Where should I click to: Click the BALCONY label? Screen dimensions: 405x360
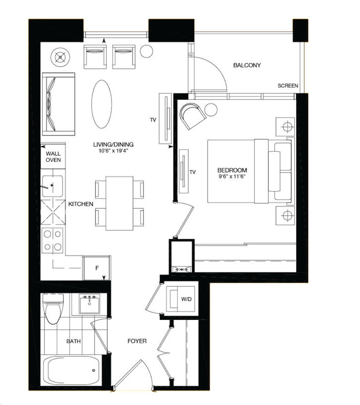click(247, 65)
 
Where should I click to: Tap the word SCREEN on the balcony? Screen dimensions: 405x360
click(288, 86)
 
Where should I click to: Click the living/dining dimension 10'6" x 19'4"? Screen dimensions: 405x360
click(113, 151)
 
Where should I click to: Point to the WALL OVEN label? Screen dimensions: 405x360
click(53, 157)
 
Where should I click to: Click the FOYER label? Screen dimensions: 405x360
click(136, 341)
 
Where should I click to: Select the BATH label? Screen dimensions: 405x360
click(74, 341)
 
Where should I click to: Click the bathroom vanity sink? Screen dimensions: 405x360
click(89, 304)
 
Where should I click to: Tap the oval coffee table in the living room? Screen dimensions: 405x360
click(102, 104)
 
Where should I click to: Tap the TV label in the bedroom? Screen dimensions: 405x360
click(193, 172)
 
